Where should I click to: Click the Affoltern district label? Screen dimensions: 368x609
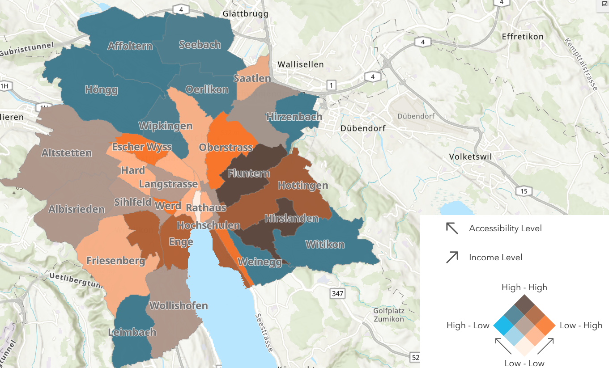(x=130, y=46)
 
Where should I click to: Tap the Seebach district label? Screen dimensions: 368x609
(x=200, y=45)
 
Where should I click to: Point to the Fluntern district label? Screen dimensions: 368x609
(x=249, y=173)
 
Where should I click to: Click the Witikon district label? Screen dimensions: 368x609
(x=325, y=245)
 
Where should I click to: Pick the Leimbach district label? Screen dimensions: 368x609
(x=132, y=332)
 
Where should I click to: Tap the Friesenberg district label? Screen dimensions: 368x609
(x=116, y=261)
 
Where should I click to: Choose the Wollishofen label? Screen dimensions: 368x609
(x=179, y=306)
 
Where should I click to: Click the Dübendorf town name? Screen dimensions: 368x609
(x=362, y=128)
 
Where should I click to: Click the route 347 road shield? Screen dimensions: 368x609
(x=337, y=294)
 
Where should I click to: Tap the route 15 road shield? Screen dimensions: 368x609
(x=524, y=191)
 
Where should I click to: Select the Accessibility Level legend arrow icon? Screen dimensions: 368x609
(x=452, y=228)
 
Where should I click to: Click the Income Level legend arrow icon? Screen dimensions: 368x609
(x=452, y=257)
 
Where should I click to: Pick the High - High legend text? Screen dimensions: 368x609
(x=524, y=288)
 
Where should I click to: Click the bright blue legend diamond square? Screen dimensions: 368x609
(x=503, y=325)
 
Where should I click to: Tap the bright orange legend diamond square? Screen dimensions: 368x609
(x=545, y=325)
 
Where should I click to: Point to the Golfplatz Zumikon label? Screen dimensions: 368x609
(x=388, y=315)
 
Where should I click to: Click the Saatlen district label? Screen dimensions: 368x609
(x=252, y=79)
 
